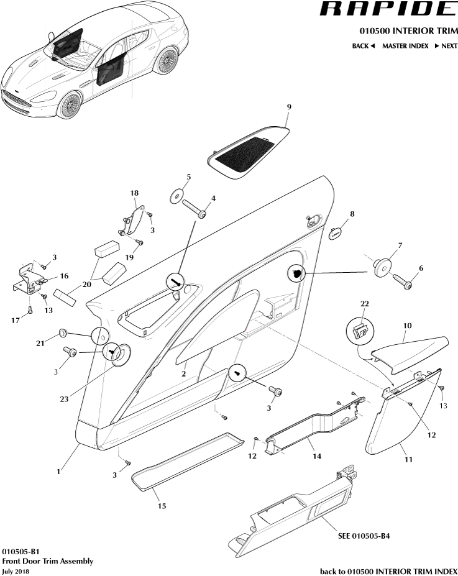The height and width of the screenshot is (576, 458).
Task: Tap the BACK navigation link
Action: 363,46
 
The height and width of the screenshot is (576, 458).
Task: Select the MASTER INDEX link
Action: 405,46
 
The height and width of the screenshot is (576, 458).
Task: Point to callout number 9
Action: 288,107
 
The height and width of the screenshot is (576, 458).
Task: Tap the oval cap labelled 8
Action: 336,233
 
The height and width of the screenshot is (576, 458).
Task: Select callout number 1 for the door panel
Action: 58,472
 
